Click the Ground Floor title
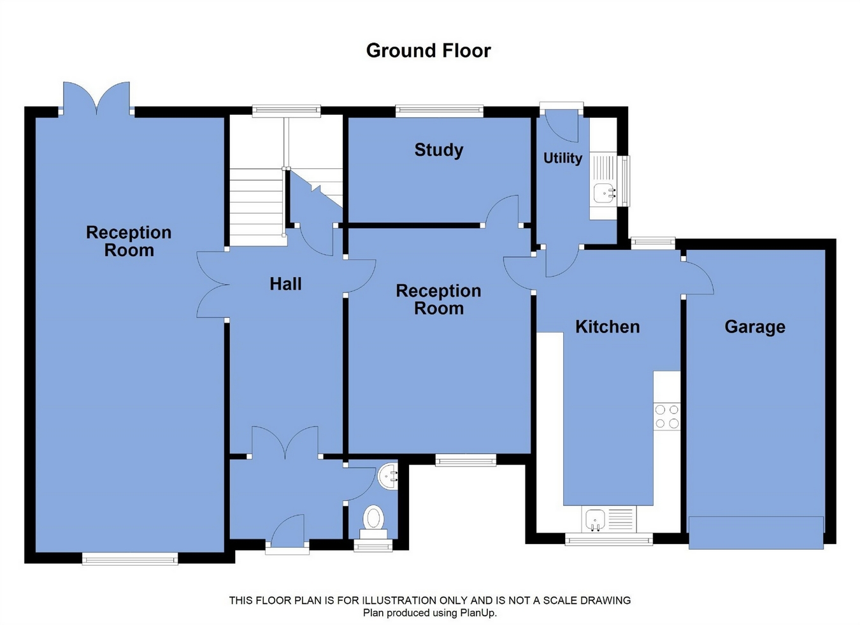click(429, 51)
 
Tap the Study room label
click(439, 150)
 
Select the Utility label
click(563, 158)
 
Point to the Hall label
click(285, 284)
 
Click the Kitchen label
click(607, 327)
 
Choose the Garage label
click(755, 327)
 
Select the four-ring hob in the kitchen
click(667, 417)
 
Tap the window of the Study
click(439, 111)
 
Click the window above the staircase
click(287, 111)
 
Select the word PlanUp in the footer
click(478, 613)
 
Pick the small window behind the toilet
click(373, 545)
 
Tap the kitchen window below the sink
click(609, 539)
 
